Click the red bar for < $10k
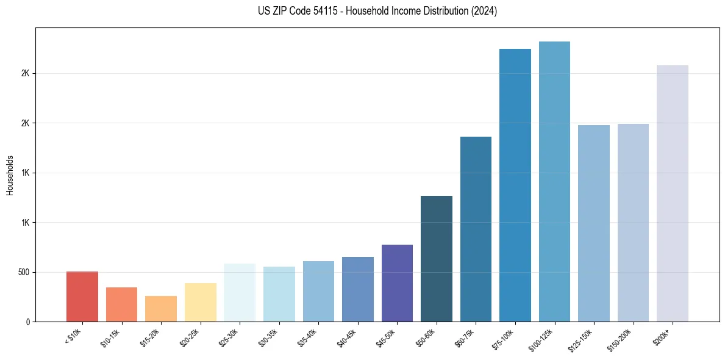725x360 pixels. pos(82,297)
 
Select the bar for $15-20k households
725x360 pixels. pos(161,309)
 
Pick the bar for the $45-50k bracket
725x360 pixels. pos(397,283)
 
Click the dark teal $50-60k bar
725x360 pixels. pos(437,259)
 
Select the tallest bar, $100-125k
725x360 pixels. pos(554,181)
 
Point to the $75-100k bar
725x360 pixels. pos(515,185)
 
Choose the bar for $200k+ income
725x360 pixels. pos(673,193)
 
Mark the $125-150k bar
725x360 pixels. pos(594,223)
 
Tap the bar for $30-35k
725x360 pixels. pos(279,294)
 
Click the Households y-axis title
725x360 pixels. pos(10,175)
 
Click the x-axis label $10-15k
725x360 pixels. pos(110,337)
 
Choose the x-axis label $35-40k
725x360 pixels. pos(307,337)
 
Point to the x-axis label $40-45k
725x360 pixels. pos(346,337)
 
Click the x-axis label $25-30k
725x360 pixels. pos(229,337)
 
